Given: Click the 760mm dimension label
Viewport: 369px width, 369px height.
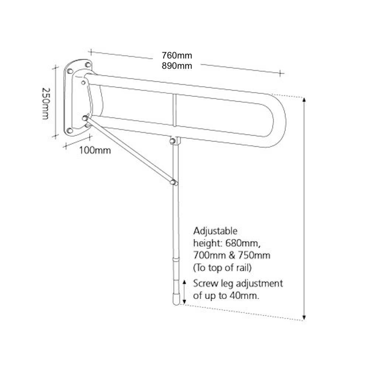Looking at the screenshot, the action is [x=177, y=56].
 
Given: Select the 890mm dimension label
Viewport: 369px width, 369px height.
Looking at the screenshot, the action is [x=177, y=66].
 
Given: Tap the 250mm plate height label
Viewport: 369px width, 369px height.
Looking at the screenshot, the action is [x=46, y=104].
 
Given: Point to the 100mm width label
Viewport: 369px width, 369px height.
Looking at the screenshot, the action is [x=95, y=150].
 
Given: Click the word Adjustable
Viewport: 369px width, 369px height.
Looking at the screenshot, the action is [x=215, y=231].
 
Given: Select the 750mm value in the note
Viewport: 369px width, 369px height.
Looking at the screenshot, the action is [x=254, y=255].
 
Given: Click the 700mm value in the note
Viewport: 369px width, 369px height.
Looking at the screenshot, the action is [x=209, y=255].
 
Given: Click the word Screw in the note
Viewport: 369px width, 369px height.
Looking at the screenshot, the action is [x=206, y=283].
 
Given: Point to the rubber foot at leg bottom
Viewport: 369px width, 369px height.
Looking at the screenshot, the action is [x=176, y=299].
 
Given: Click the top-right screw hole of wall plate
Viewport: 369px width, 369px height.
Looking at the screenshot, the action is [x=88, y=65].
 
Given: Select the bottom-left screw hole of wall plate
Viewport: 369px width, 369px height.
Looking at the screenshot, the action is [x=70, y=130].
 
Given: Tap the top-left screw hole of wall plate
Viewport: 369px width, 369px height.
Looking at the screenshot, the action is [x=70, y=71].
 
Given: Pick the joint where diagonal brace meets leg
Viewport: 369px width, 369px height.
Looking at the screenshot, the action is [x=174, y=182].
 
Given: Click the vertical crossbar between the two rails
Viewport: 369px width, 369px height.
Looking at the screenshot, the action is [x=175, y=110].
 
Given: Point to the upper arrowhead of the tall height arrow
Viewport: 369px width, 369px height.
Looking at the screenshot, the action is [x=304, y=100].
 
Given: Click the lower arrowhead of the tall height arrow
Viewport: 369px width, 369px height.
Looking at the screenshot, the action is [x=304, y=317].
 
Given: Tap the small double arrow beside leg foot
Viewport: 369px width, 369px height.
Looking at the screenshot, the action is [x=184, y=292].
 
